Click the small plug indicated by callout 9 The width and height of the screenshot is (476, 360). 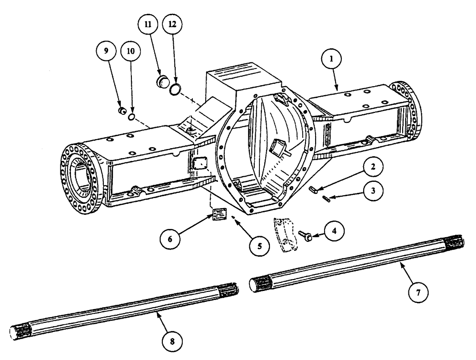click(122, 111)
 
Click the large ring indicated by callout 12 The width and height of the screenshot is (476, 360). click(176, 88)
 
